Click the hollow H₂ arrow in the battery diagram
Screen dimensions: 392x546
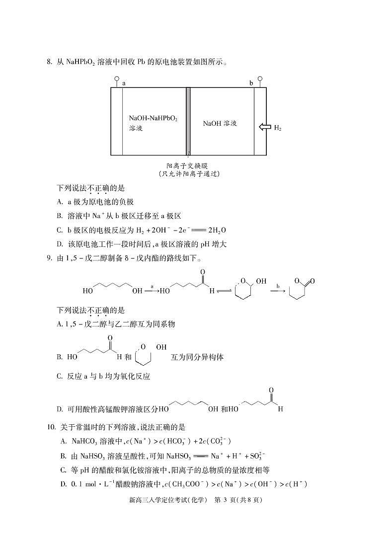264,127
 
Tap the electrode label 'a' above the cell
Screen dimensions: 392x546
124,83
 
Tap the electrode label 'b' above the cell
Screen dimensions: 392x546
251,83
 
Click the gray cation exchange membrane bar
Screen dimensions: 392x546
188,121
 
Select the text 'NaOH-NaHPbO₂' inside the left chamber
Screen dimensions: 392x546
153,119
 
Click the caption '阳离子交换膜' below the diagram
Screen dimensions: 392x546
188,165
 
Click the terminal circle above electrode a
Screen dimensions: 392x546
117,78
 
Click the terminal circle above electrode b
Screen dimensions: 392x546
259,78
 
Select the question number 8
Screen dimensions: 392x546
49,62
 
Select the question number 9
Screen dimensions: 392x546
49,258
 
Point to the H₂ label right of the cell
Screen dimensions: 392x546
278,128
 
